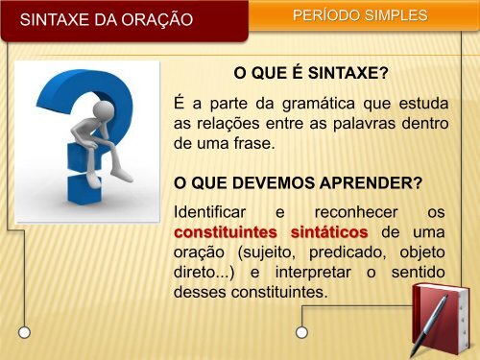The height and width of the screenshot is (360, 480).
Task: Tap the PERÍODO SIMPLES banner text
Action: (x=359, y=17)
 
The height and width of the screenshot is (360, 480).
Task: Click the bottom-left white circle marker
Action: (x=25, y=332)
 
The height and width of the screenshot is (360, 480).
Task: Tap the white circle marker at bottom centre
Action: (x=302, y=332)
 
